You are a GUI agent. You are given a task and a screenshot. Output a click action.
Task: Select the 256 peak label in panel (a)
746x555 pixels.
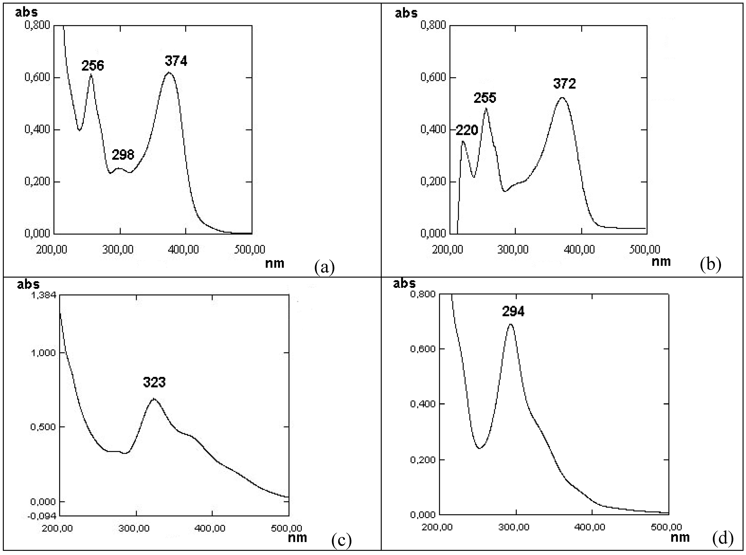[x=93, y=66]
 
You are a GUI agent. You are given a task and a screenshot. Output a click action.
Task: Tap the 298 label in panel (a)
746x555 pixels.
[x=123, y=155]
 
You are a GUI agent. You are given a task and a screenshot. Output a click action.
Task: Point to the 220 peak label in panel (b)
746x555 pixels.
[x=467, y=130]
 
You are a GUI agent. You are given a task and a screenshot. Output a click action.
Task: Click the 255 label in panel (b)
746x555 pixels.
[x=485, y=98]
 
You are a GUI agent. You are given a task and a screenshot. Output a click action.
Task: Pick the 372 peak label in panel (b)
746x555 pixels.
[x=565, y=83]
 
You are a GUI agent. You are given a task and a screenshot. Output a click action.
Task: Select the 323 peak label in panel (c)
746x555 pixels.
[x=154, y=382]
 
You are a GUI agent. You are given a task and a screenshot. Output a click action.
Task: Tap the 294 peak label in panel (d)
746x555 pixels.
[x=513, y=312]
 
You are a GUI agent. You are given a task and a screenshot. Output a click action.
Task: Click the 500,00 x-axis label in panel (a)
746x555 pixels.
[x=250, y=249]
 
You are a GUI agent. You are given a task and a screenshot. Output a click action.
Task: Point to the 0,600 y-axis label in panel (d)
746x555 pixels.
[x=423, y=349]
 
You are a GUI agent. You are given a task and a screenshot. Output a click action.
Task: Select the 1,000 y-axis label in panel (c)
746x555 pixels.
[x=44, y=353]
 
